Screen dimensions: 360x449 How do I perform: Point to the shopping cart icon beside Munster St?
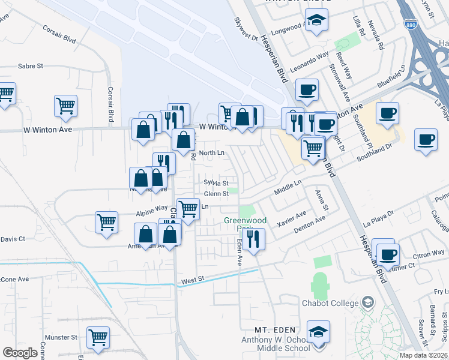tap(98, 337)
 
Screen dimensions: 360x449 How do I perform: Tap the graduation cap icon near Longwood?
tap(315, 22)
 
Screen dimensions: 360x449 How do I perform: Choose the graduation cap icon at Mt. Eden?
tap(318, 331)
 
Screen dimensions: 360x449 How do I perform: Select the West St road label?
tap(193, 280)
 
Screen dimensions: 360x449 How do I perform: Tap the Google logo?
tap(20, 353)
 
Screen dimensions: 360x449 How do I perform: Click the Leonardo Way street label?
tap(310, 62)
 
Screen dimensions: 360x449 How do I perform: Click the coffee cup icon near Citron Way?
tap(388, 254)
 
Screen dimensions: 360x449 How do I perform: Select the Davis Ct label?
tap(13, 239)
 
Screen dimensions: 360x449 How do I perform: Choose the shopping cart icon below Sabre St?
tap(65, 106)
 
